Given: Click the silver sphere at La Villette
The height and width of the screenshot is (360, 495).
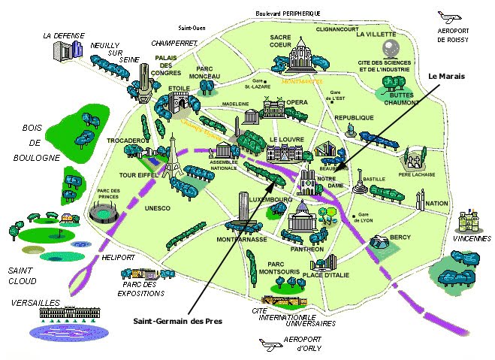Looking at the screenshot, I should (390, 49).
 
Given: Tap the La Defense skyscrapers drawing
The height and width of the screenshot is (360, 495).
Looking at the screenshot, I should (68, 50).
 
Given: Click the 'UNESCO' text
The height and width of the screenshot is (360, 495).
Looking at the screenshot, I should (158, 207).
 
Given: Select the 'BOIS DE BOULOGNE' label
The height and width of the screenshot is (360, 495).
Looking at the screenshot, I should (35, 143).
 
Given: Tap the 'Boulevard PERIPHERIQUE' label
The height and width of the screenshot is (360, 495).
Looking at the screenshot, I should (288, 14).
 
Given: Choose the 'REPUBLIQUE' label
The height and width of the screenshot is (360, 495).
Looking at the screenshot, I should (354, 118).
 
